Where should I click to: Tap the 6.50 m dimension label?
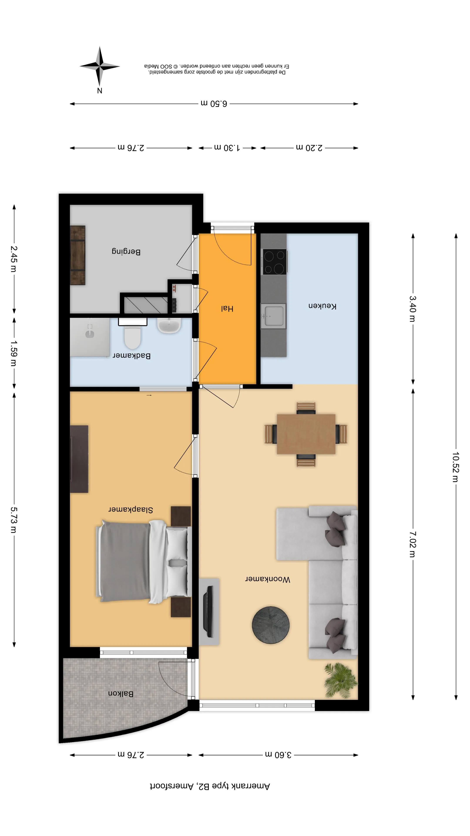[x=214, y=104]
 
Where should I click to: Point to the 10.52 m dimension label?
[x=456, y=467]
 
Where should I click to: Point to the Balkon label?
[x=121, y=694]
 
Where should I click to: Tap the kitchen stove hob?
[x=274, y=261]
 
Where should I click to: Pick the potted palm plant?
[x=341, y=680]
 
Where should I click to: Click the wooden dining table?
[x=306, y=434]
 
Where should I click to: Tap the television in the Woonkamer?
[x=208, y=611]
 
